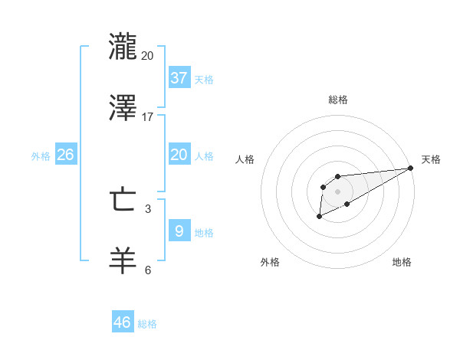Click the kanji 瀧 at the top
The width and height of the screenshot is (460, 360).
click(x=123, y=47)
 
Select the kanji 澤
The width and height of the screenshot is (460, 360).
click(x=123, y=108)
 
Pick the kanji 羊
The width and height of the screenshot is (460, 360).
click(x=123, y=261)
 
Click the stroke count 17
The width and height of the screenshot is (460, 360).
click(x=147, y=117)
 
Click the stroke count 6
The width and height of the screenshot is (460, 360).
click(x=148, y=270)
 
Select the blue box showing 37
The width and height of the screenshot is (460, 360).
click(x=179, y=77)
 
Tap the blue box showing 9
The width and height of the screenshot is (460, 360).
click(x=179, y=231)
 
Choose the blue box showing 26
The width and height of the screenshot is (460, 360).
click(x=65, y=154)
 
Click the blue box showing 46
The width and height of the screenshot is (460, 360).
click(x=123, y=322)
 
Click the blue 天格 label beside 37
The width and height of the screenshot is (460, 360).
click(x=204, y=80)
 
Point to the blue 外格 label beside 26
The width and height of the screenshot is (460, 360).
click(x=41, y=156)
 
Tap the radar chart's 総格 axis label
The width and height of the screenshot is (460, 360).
click(x=338, y=100)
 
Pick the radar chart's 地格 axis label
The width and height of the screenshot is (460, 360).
click(x=402, y=263)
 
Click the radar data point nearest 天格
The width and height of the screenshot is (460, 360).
click(x=411, y=168)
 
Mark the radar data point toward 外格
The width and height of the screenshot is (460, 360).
click(x=320, y=218)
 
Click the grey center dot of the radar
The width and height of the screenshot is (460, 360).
click(x=338, y=191)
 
